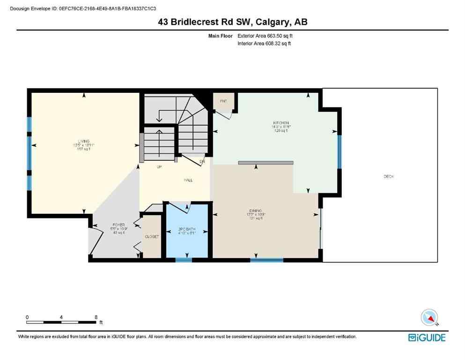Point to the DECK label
[x=388, y=177]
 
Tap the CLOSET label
[x=152, y=237]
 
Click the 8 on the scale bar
[x=96, y=317]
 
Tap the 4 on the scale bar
[x=61, y=317]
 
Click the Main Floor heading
[x=221, y=36]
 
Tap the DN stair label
[x=202, y=162]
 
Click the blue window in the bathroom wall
[x=183, y=259]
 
